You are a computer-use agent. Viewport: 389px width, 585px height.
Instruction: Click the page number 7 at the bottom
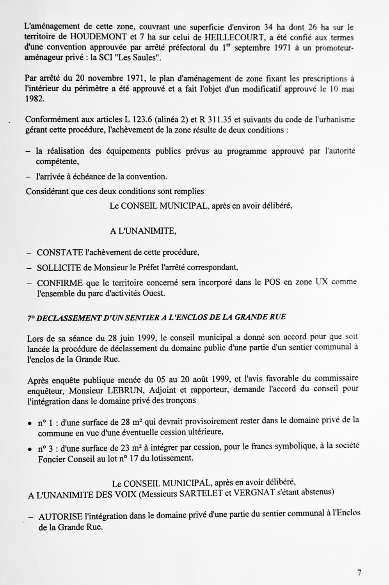tap(359, 573)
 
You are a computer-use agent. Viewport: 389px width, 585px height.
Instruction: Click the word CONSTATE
tap(60, 252)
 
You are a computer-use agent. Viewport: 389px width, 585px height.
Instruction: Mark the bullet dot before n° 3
tap(30, 449)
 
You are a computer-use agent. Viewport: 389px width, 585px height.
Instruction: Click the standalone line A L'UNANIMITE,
tap(143, 231)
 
